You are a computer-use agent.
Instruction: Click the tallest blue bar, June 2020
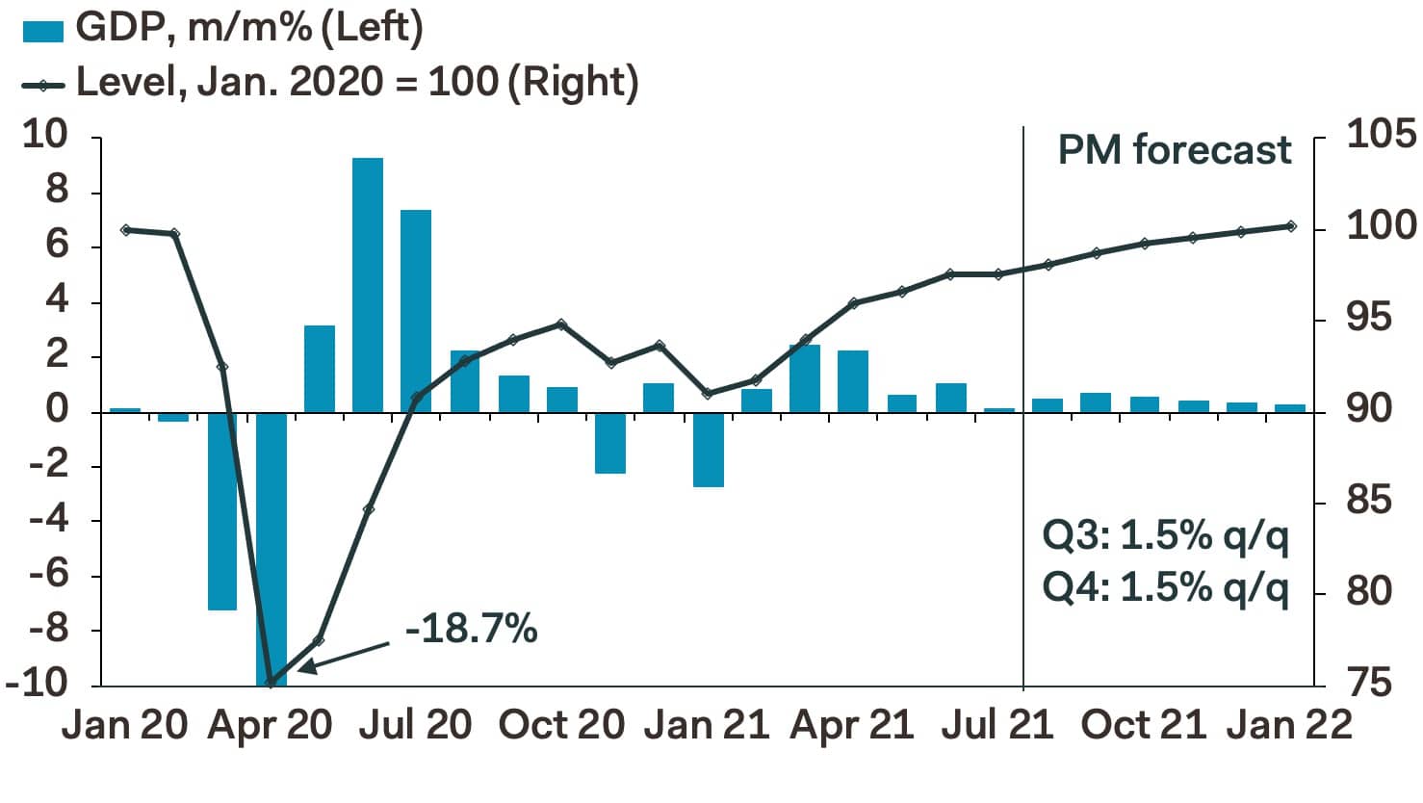368,284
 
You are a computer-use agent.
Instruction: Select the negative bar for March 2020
222,510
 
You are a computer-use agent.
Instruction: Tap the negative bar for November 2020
610,443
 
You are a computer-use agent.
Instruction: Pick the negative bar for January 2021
708,450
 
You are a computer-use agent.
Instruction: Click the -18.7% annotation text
471,629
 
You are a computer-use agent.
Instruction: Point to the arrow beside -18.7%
345,655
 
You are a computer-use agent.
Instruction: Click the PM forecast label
1174,150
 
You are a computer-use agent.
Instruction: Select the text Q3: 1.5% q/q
1165,535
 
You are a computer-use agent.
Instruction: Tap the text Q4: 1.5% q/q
1165,586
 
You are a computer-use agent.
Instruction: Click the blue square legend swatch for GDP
42,31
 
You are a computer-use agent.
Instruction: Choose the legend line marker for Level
42,85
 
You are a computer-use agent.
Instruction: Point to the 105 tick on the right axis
1381,135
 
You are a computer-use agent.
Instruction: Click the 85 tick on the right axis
1369,501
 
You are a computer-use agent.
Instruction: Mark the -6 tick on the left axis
49,575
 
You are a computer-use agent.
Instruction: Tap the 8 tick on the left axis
59,191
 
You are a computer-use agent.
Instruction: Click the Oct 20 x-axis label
561,725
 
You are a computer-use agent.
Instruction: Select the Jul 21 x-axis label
997,725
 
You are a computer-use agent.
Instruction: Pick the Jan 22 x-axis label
1289,725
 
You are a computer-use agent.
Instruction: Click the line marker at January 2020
125,230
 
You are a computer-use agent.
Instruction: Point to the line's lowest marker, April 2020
271,682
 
